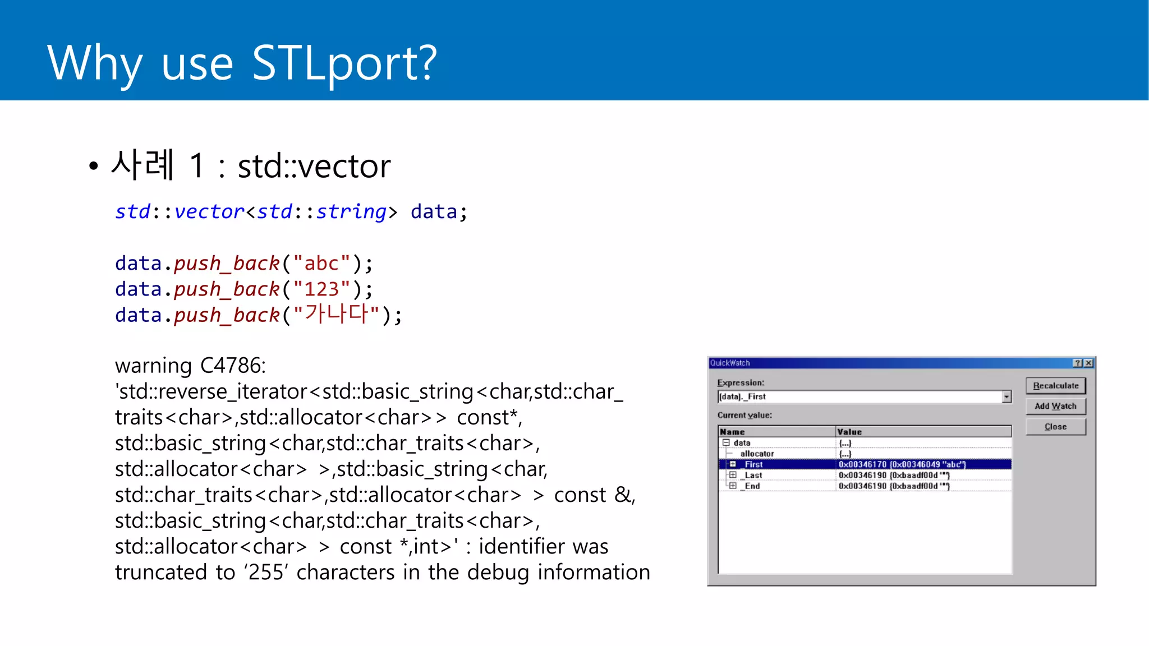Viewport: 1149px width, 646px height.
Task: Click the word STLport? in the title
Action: [x=344, y=63]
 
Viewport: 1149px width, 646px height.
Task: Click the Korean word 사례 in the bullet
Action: [x=143, y=165]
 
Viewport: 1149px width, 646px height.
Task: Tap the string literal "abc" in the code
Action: [x=321, y=264]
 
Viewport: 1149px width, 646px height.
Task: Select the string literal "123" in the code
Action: [x=321, y=289]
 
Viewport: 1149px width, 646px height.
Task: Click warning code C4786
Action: [x=232, y=366]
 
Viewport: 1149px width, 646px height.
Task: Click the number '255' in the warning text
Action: [x=266, y=573]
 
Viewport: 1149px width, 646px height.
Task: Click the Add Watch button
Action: [x=1055, y=406]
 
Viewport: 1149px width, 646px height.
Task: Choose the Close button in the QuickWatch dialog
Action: [x=1055, y=427]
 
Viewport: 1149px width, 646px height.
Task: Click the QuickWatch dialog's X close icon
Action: [x=1088, y=363]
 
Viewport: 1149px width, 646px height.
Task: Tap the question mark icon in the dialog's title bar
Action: [x=1078, y=363]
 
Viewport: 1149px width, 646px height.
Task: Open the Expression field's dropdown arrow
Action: [x=1006, y=397]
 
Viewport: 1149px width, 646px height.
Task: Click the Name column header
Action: [x=732, y=432]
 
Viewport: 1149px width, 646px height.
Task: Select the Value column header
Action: [x=849, y=432]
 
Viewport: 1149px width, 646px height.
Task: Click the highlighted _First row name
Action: [x=753, y=464]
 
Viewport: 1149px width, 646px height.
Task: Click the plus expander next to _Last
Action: [x=733, y=475]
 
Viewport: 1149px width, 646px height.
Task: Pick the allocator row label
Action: [x=757, y=454]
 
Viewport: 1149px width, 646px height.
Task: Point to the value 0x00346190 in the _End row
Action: [x=862, y=486]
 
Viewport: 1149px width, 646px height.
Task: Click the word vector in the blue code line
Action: [x=209, y=212]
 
